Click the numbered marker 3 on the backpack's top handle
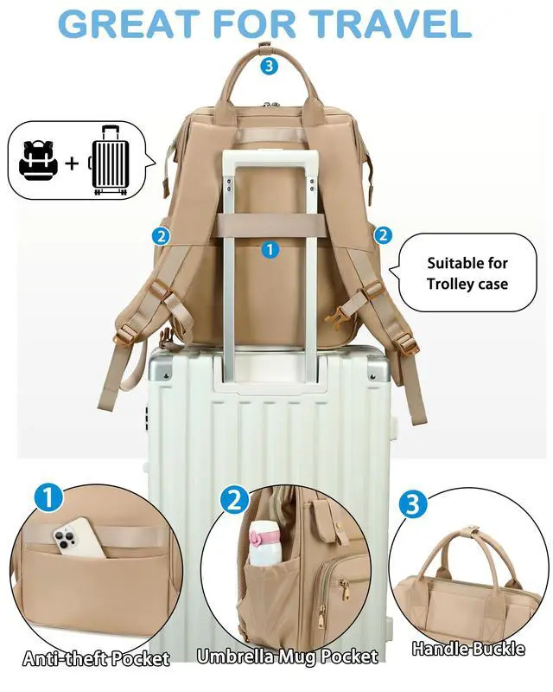pyautogui.click(x=269, y=64)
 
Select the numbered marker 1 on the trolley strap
pyautogui.click(x=270, y=249)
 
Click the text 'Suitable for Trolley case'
pyautogui.click(x=467, y=273)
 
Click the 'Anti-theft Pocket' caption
pyautogui.click(x=96, y=659)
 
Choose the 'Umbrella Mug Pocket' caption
pyautogui.click(x=286, y=657)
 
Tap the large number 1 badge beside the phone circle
pyautogui.click(x=49, y=498)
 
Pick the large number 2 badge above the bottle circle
pyautogui.click(x=233, y=499)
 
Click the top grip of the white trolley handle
pyautogui.click(x=270, y=158)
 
